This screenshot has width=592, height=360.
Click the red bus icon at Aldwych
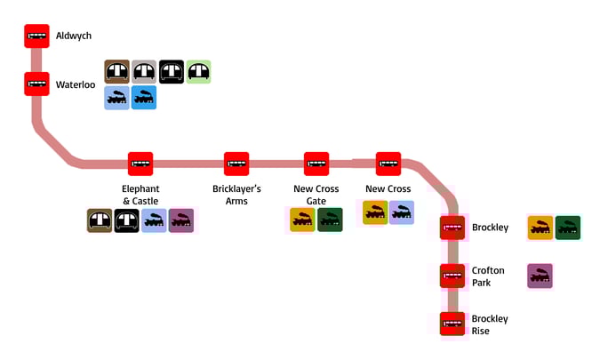point(36,36)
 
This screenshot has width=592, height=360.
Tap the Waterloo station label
point(75,85)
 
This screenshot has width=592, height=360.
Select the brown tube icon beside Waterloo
point(116,72)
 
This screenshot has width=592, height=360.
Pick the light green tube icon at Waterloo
point(198,72)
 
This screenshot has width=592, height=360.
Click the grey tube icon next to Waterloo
point(144,72)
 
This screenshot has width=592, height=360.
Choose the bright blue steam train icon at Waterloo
point(144,98)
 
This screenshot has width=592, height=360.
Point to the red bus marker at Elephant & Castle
point(140,164)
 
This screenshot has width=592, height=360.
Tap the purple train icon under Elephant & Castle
point(181,220)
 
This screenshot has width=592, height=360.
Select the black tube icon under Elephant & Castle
point(127,220)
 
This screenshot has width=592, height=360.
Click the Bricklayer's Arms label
point(236,195)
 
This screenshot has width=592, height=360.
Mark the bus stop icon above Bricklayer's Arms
point(236,164)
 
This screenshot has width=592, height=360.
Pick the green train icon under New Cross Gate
point(330,220)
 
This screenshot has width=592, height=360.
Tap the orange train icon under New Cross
point(375,212)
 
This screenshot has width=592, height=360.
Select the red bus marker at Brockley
point(452,228)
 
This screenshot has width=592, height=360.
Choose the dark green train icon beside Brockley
point(567,228)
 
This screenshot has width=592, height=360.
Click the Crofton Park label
point(488,276)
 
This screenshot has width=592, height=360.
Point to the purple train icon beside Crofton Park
point(540,276)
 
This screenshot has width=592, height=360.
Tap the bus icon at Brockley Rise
point(452,324)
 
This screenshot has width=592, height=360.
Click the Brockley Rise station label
point(490,324)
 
